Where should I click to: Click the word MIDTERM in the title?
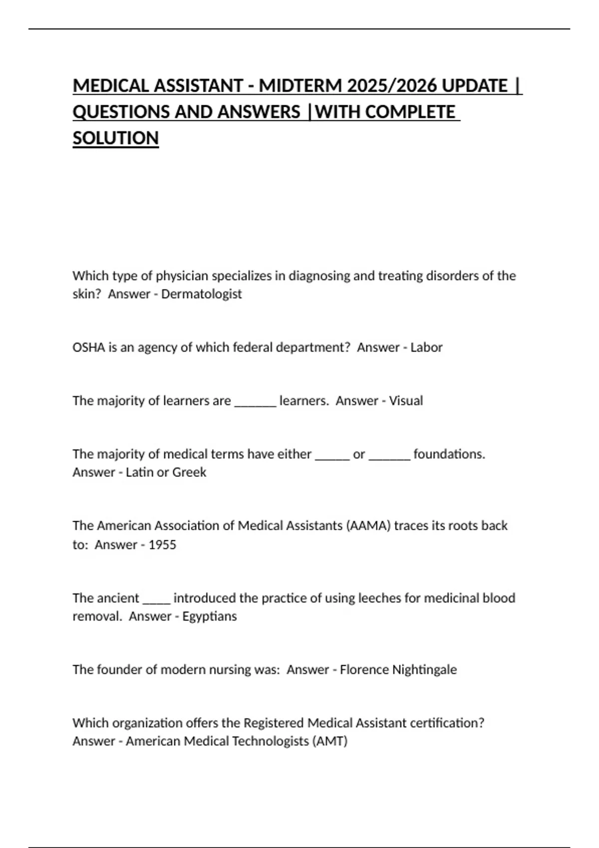coord(300,86)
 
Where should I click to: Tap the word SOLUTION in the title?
coord(116,138)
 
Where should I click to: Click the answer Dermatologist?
coord(201,294)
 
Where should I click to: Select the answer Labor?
coord(426,347)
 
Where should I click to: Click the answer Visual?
coord(406,401)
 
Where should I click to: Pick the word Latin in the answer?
coord(139,472)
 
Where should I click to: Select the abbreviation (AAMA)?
coord(368,525)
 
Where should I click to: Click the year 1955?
coord(162,544)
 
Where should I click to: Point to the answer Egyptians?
coord(210,616)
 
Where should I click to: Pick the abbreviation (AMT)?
coord(329,741)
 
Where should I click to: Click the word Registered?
coord(274,723)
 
